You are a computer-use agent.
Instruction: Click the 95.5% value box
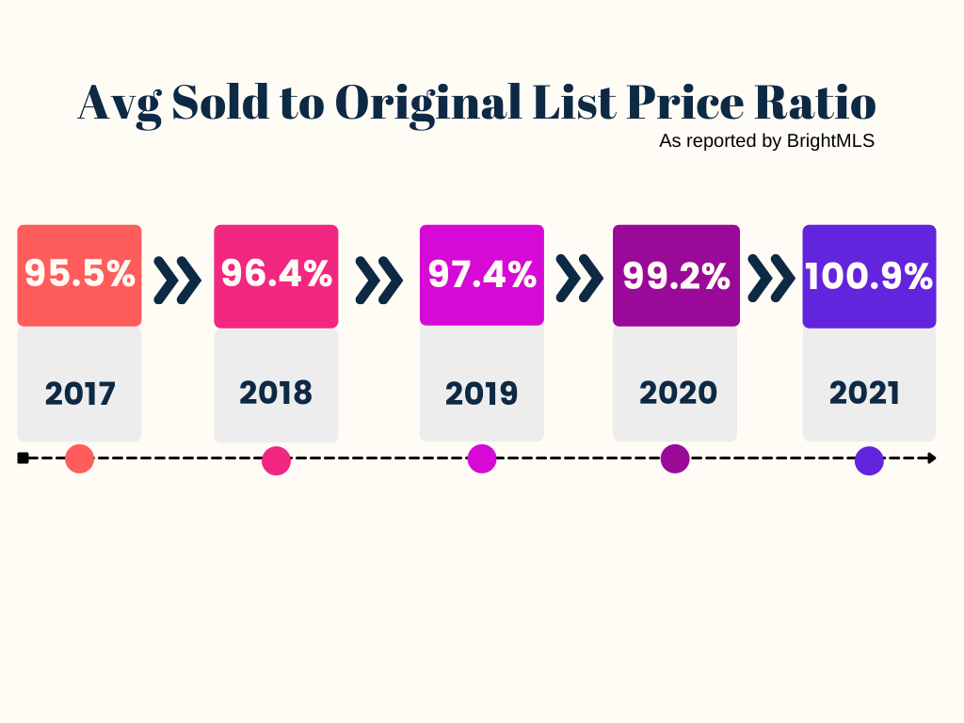pos(79,275)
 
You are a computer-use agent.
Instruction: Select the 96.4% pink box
pos(276,275)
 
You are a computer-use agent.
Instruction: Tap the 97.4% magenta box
pos(482,275)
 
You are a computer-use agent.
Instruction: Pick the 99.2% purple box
pos(676,275)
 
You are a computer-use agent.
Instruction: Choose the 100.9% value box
pos(869,276)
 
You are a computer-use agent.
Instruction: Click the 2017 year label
pos(80,394)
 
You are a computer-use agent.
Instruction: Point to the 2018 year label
pos(276,393)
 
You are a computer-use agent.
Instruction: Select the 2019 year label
pos(482,394)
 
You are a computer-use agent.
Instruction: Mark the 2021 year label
pos(865,393)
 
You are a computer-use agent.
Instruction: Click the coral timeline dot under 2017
pos(80,458)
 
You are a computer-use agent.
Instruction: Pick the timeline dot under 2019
pos(482,458)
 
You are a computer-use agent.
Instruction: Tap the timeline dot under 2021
pos(869,460)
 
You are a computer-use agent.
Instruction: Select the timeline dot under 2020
pos(675,458)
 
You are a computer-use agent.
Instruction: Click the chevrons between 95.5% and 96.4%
pos(177,279)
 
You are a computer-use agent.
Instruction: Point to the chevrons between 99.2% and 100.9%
pos(771,279)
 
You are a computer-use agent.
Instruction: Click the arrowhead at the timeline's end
pos(932,458)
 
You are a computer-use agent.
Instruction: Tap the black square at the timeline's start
pos(23,458)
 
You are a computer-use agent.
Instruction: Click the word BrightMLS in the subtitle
pos(830,141)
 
